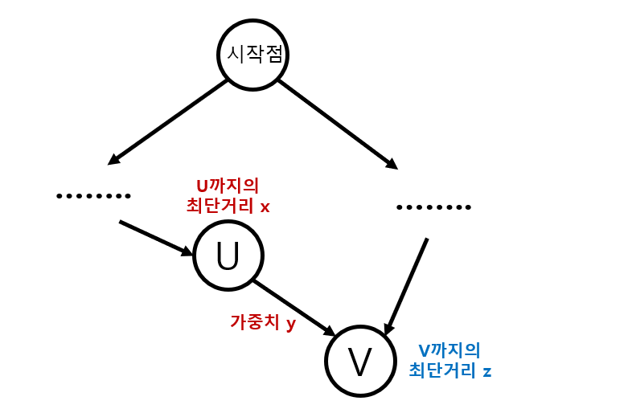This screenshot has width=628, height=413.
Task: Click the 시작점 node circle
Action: pyautogui.click(x=253, y=54)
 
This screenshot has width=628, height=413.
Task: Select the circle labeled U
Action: pyautogui.click(x=228, y=256)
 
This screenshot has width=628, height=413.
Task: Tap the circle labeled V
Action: pyautogui.click(x=359, y=361)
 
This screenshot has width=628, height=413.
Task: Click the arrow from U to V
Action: pyautogui.click(x=294, y=308)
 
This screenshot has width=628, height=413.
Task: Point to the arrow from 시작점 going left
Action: pyautogui.click(x=169, y=121)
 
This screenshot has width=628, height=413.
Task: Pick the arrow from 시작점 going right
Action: pyautogui.click(x=338, y=125)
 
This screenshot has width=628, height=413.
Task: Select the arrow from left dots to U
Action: pyautogui.click(x=157, y=238)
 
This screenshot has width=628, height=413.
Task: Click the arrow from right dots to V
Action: pyautogui.click(x=407, y=285)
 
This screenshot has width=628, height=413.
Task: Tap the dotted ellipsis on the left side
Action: pyautogui.click(x=94, y=195)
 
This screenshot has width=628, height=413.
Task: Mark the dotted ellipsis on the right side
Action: pyautogui.click(x=434, y=207)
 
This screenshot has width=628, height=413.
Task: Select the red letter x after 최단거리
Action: pyautogui.click(x=265, y=206)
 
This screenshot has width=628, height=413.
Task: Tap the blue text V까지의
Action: pyautogui.click(x=449, y=350)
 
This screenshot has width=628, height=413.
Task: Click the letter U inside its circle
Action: pyautogui.click(x=228, y=256)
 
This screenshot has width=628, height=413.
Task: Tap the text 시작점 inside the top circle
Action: pyautogui.click(x=253, y=55)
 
